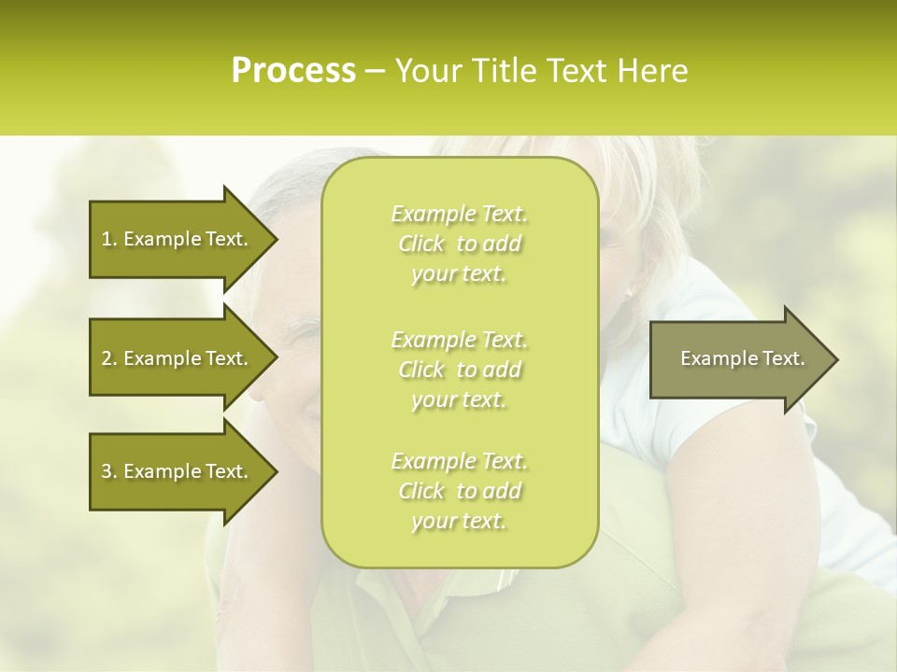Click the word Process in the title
coord(293,70)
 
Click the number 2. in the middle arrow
coord(108,358)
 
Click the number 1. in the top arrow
coord(108,239)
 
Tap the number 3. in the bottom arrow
coord(108,471)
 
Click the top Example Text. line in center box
coord(459,214)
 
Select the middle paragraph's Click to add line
coord(459,370)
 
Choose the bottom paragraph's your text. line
coord(459,521)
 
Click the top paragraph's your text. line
coord(459,274)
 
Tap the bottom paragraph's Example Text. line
coord(459,461)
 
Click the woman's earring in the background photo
coord(629,292)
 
